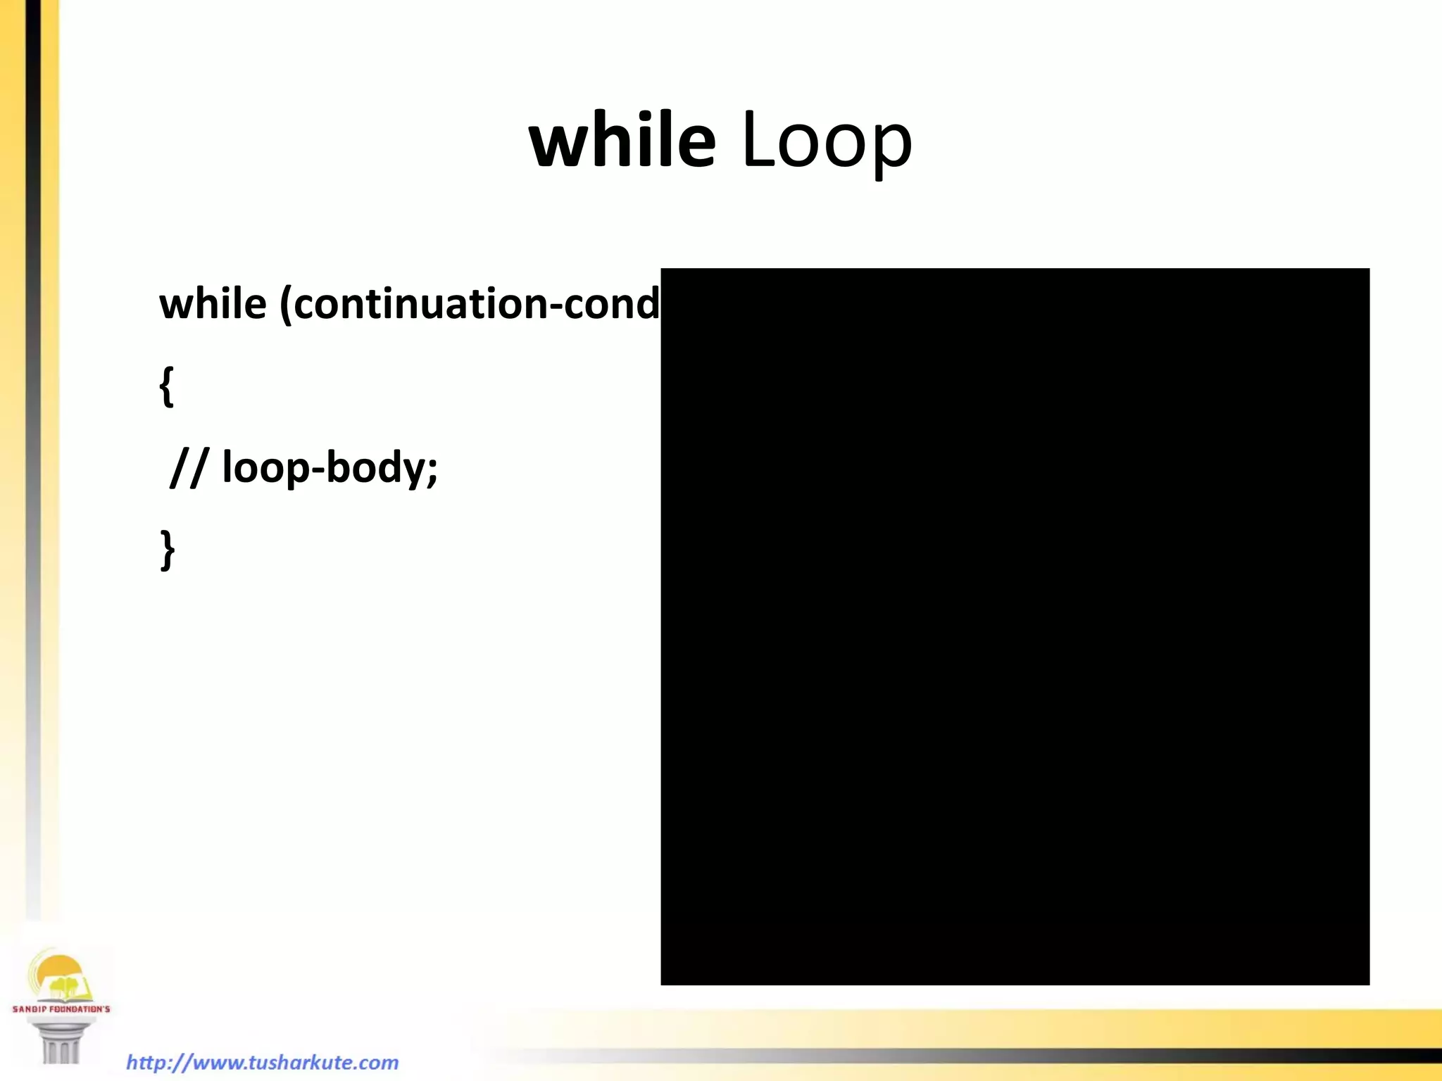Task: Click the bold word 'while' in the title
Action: [622, 140]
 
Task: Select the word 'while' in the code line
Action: [213, 304]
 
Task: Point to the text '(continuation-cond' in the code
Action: [470, 304]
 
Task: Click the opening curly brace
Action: [167, 386]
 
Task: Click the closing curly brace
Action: [168, 550]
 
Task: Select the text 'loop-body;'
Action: [330, 468]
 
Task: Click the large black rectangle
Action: [1015, 626]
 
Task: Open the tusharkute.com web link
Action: [262, 1062]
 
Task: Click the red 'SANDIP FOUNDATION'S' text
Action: [61, 1009]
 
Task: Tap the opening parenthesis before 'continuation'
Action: [286, 305]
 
